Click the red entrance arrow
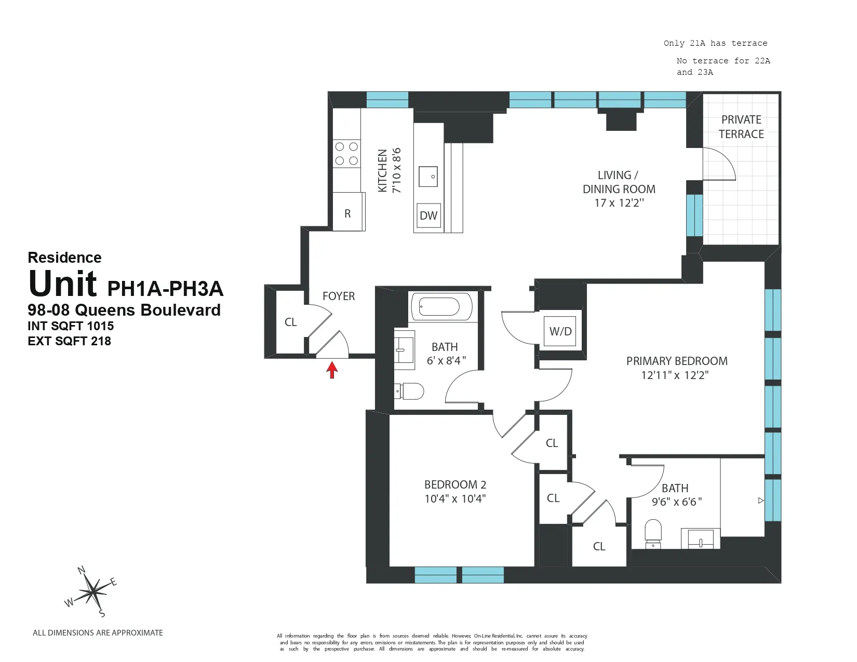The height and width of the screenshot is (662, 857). (332, 370)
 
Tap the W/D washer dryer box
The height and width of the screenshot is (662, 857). (560, 331)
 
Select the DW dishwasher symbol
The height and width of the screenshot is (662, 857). (428, 215)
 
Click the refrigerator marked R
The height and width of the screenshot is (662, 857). (347, 213)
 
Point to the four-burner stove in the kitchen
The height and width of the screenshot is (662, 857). (346, 154)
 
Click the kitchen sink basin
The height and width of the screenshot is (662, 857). (428, 177)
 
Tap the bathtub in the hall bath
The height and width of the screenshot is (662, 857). (441, 306)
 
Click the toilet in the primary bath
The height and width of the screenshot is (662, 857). (653, 533)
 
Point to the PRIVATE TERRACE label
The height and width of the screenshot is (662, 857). (741, 127)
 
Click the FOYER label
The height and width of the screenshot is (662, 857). (339, 296)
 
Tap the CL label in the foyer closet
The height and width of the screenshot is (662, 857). (290, 322)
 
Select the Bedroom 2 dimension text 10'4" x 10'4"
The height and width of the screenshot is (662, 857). (455, 498)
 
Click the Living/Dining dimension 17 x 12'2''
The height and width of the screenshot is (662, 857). (619, 203)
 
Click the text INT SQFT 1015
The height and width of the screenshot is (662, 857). (71, 326)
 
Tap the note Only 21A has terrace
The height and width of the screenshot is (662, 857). (715, 43)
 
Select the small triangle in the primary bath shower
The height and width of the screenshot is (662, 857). (761, 501)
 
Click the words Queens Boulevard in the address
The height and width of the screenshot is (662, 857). (148, 310)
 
